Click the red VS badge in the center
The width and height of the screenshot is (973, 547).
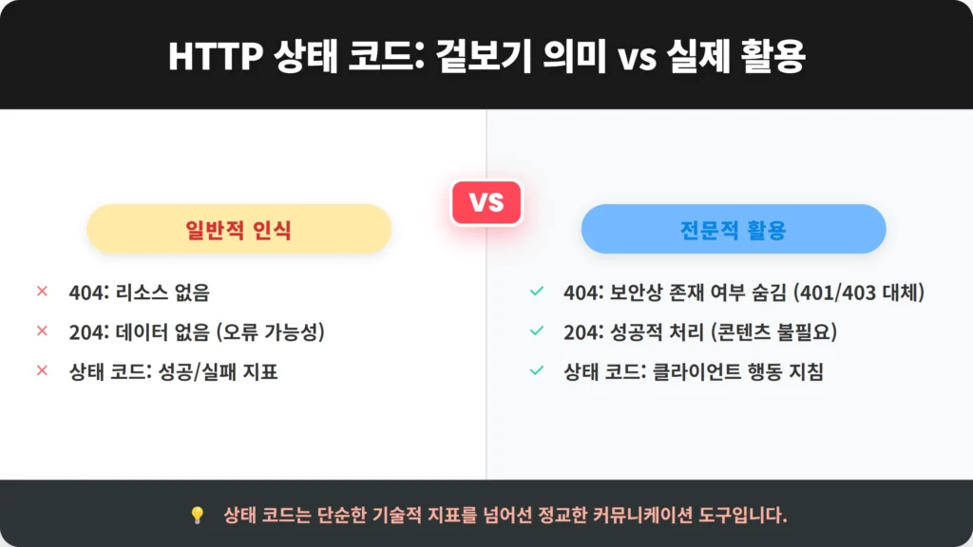486,202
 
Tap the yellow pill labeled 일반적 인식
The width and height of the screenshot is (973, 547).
238,229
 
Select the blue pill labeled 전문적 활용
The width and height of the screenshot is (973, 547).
734,229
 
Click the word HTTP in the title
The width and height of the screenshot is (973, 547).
216,56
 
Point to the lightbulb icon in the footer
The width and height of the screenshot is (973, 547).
198,515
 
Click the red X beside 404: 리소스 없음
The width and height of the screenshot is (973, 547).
42,291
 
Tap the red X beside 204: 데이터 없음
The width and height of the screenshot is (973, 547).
42,330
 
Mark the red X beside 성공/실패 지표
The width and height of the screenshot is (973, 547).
42,370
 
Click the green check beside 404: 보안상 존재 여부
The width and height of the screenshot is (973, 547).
537,291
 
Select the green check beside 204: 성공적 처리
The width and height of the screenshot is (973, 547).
537,330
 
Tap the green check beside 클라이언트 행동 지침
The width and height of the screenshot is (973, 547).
537,370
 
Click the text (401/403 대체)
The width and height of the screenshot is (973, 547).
859,292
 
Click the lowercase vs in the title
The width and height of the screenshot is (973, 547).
637,58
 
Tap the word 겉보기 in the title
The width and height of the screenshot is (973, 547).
484,56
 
